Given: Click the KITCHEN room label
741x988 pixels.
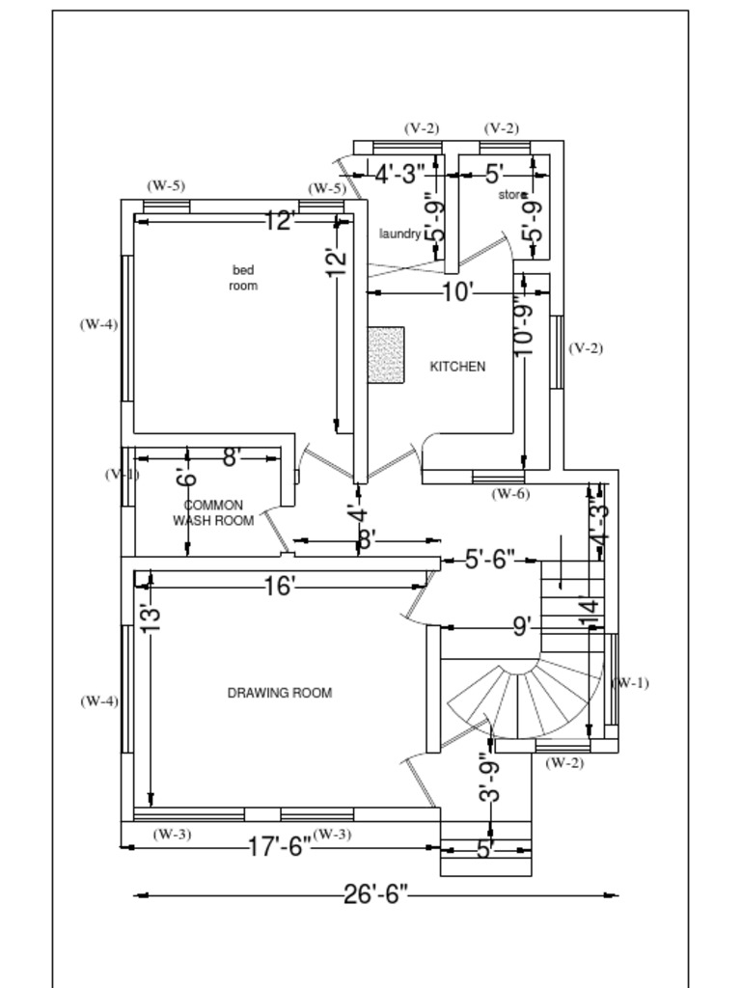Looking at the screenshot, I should coord(457,367).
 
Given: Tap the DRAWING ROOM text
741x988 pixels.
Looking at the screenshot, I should coord(280,693).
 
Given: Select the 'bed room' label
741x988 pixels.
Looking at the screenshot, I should coord(243,278).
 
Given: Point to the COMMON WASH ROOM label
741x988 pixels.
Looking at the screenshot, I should coord(213,512).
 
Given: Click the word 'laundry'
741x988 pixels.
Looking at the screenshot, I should coord(399,233).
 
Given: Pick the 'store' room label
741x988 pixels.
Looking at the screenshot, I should coord(512,195).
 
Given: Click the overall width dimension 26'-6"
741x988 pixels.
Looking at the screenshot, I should coord(375,894).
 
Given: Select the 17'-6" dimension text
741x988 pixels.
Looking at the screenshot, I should coord(279,847).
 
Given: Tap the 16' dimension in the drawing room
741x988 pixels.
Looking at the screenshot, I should coord(278,586).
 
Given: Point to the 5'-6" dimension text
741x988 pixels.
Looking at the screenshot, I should coord(489,560).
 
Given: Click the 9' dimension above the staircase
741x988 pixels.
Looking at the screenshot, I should coord(522,627).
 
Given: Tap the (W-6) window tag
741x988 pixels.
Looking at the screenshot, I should coord(510,494).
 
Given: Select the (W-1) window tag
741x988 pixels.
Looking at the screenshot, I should coord(630,683).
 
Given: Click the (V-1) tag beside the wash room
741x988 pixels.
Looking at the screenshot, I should coord(122,474).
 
